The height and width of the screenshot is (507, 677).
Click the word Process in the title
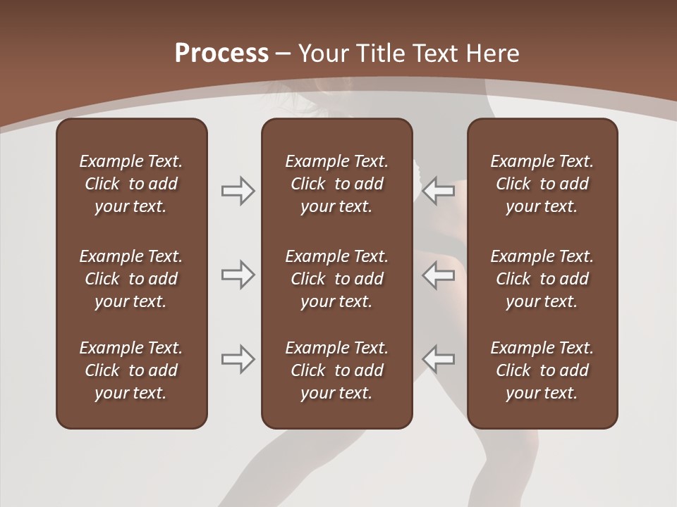[221, 53]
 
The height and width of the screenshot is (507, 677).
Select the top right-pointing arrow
[238, 191]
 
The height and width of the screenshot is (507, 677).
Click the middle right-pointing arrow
[238, 275]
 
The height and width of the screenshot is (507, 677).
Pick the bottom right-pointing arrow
[238, 358]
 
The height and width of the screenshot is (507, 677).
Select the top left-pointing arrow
[439, 191]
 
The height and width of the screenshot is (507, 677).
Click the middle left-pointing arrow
[439, 275]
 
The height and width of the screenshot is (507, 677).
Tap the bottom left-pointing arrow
[439, 358]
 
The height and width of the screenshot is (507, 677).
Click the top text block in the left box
[131, 184]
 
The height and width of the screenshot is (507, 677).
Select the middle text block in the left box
[131, 279]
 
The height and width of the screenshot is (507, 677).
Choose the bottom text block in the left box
[131, 370]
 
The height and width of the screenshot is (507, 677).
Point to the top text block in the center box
[337, 184]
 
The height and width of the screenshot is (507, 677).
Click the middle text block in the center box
[337, 279]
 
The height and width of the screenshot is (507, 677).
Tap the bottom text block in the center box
[337, 370]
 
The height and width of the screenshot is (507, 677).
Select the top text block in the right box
[542, 184]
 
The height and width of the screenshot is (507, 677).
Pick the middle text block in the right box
[542, 279]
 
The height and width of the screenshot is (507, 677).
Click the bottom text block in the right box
[542, 370]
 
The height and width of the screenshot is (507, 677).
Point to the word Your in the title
[322, 53]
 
